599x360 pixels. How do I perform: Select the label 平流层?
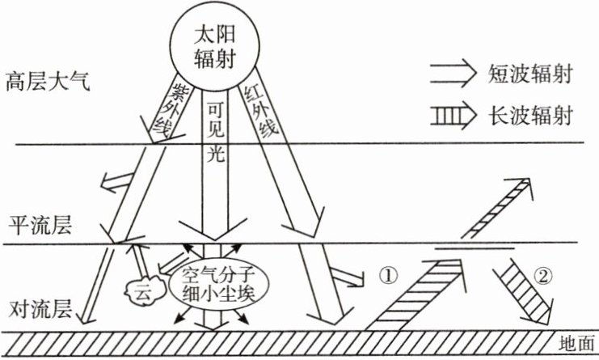(40, 224)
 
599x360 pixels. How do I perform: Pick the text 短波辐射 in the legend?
(530, 76)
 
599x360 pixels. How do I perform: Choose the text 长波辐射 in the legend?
(530, 116)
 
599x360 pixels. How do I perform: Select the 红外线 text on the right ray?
(257, 109)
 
